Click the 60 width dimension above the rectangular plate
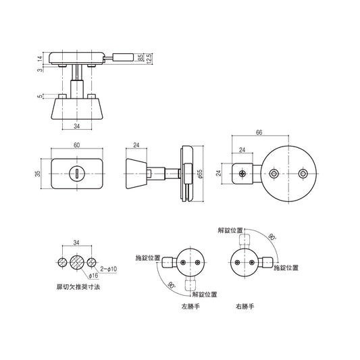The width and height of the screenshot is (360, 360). pyautogui.click(x=76, y=145)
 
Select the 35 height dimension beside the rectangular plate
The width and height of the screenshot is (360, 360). pyautogui.click(x=39, y=173)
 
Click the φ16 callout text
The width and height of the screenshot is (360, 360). pyautogui.click(x=93, y=276)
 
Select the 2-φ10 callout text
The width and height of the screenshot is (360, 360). pyautogui.click(x=107, y=269)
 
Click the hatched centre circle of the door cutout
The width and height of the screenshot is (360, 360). pyautogui.click(x=76, y=262)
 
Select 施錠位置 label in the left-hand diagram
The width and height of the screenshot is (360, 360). pyautogui.click(x=148, y=258)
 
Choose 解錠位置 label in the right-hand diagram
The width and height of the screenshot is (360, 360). pyautogui.click(x=231, y=230)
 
